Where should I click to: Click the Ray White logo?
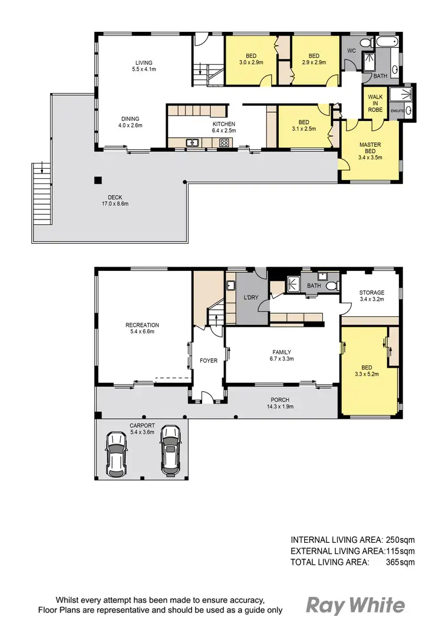pyautogui.click(x=355, y=605)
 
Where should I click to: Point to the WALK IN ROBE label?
pyautogui.click(x=375, y=103)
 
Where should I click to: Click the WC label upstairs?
pyautogui.click(x=351, y=51)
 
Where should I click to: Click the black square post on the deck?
pyautogui.click(x=98, y=180)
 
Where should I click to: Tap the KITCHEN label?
pyautogui.click(x=224, y=127)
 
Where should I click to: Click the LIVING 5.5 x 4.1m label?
pyautogui.click(x=143, y=66)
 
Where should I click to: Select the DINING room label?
pyautogui.click(x=130, y=122)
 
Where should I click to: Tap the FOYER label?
pyautogui.click(x=208, y=360)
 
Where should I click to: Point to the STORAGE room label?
pyautogui.click(x=371, y=296)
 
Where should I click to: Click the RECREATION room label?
pyautogui.click(x=142, y=328)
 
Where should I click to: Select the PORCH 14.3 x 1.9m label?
pyautogui.click(x=281, y=403)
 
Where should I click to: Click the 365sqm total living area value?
pyautogui.click(x=400, y=562)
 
